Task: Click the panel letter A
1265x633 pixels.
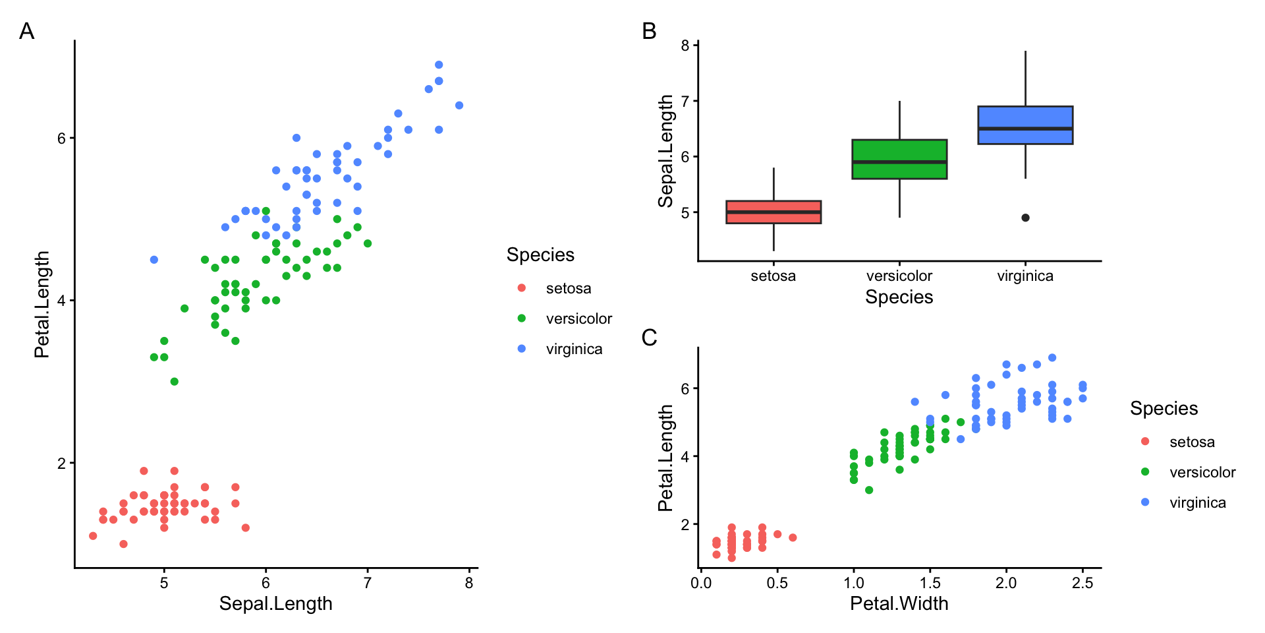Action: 26,31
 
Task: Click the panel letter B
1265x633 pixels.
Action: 649,31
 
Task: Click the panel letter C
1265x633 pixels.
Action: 649,338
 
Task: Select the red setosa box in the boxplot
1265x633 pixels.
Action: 773,212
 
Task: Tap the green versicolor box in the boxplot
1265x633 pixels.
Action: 899,159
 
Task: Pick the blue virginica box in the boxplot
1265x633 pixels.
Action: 1025,125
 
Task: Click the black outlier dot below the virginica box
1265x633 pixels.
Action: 1025,218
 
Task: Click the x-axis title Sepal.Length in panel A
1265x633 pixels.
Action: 275,603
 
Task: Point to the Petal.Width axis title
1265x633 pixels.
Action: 899,603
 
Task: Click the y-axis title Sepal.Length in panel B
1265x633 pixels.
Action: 666,151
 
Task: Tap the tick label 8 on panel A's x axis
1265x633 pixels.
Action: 469,583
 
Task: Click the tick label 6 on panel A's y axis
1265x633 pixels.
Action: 61,138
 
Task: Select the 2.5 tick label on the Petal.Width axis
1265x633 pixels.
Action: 1082,583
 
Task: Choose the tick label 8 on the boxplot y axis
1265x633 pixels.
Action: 685,45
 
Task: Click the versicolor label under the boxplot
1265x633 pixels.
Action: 899,276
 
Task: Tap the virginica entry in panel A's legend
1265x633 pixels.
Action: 573,349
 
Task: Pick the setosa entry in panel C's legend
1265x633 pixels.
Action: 1191,442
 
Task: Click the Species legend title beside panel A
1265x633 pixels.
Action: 540,255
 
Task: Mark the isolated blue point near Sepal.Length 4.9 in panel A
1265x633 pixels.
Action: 154,260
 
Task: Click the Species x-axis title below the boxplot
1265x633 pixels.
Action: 899,297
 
